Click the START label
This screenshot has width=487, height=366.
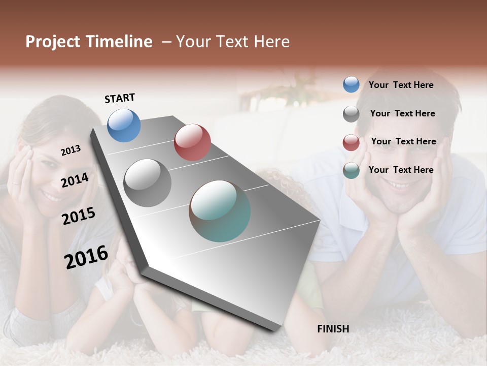pyautogui.click(x=120, y=98)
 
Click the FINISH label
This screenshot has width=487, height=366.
pyautogui.click(x=333, y=329)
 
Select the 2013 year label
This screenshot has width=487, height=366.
pyautogui.click(x=71, y=150)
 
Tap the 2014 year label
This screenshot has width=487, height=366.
pyautogui.click(x=75, y=180)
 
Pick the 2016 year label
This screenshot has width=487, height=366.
pyautogui.click(x=86, y=257)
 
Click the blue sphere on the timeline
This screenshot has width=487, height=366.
pyautogui.click(x=124, y=125)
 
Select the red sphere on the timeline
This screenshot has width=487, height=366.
pyautogui.click(x=192, y=142)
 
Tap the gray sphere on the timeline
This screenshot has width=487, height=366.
pyautogui.click(x=148, y=182)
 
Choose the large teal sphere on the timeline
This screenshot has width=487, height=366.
pyautogui.click(x=220, y=211)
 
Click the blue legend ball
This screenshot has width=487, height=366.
pyautogui.click(x=351, y=84)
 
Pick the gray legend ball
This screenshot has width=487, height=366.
pyautogui.click(x=351, y=114)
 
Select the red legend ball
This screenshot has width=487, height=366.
pyautogui.click(x=351, y=142)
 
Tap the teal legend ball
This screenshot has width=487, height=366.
pyautogui.click(x=351, y=171)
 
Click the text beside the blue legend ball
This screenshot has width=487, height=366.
pyautogui.click(x=401, y=85)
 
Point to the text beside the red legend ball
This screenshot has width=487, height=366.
pyautogui.click(x=403, y=141)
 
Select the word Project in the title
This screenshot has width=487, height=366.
pyautogui.click(x=52, y=42)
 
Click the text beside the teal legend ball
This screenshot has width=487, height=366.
pyautogui.click(x=401, y=170)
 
